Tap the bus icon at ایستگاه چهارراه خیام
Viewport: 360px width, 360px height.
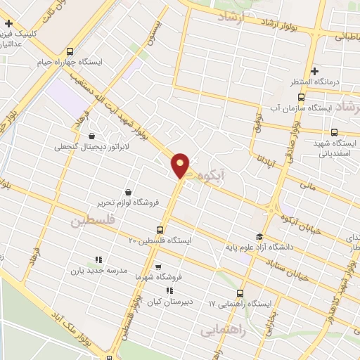pos(70,51)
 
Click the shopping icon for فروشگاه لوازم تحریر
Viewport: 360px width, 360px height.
pos(128,191)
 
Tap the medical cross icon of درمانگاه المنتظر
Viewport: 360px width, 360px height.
pos(314,71)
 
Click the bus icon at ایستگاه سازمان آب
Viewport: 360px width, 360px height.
pos(301,97)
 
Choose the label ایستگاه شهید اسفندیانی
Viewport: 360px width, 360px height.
pos(335,147)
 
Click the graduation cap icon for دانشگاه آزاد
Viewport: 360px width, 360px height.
pos(259,236)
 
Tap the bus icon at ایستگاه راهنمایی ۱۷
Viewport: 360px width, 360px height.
pos(240,293)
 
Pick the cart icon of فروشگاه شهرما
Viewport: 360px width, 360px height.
pos(158,266)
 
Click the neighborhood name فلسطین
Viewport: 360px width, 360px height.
pos(91,221)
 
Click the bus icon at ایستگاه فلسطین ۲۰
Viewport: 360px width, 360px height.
pos(160,229)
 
